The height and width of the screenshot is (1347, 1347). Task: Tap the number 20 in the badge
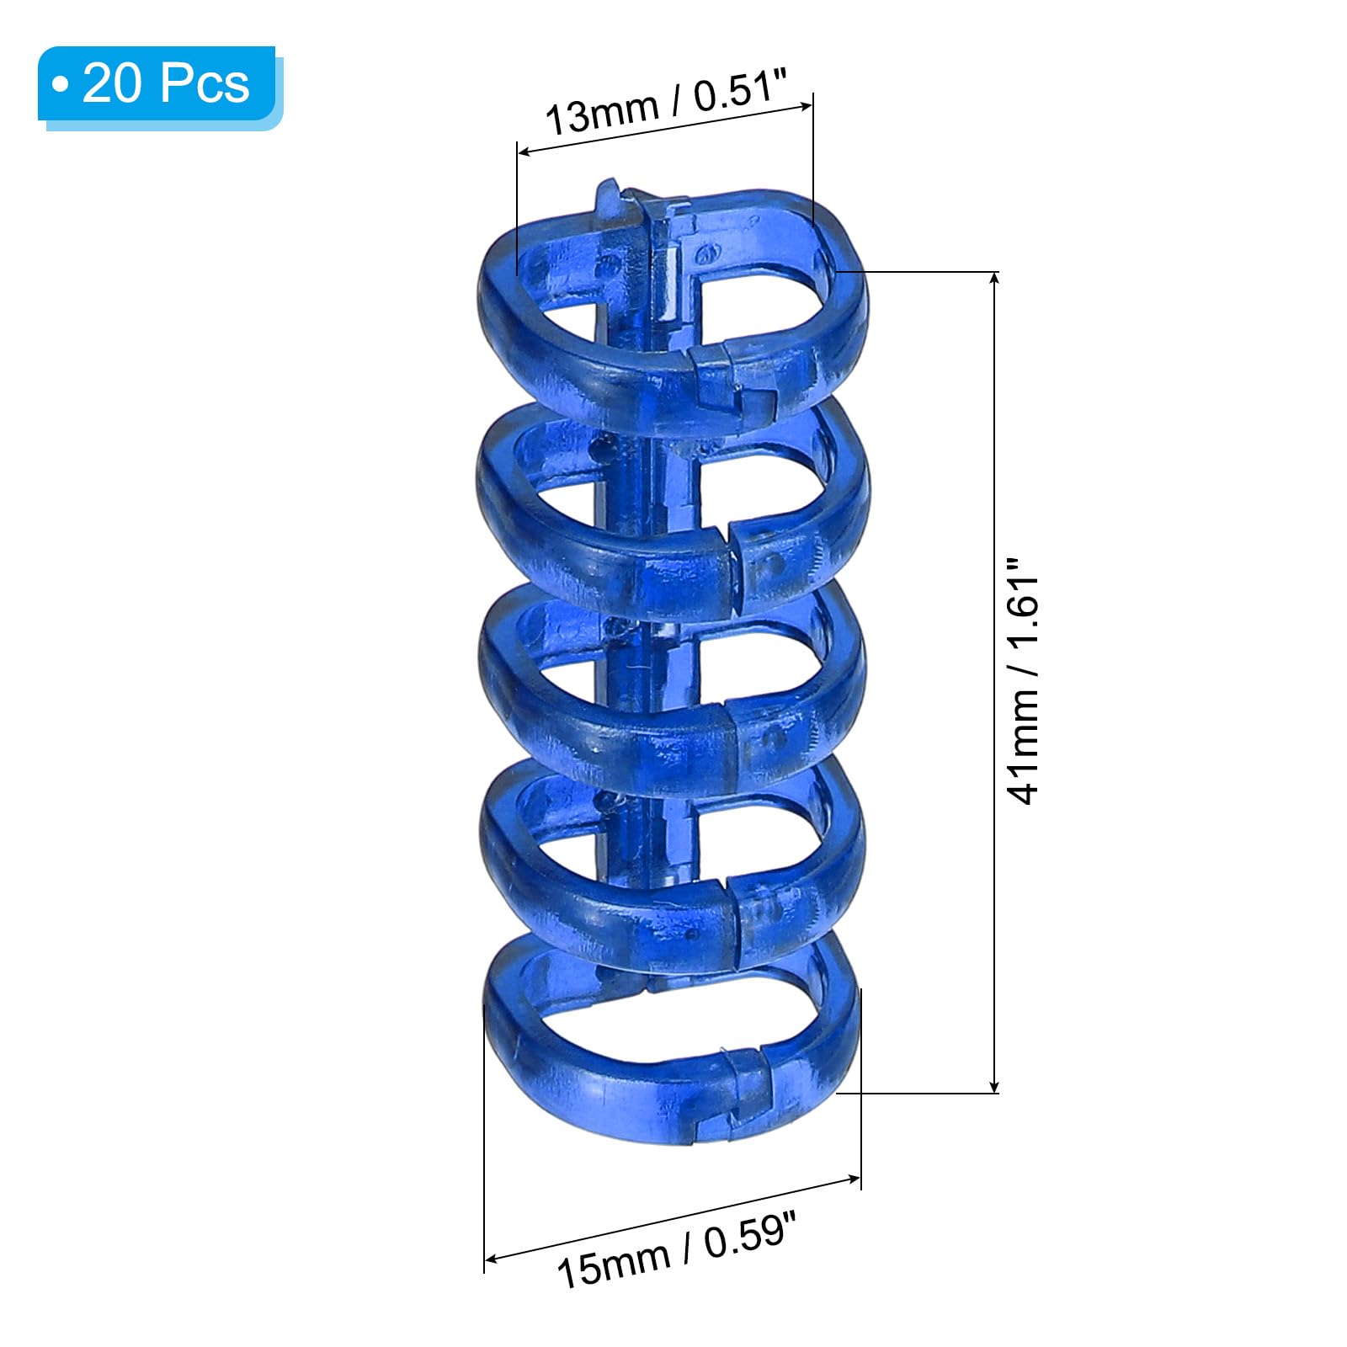click(x=110, y=84)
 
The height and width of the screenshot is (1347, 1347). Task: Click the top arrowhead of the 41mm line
click(x=995, y=280)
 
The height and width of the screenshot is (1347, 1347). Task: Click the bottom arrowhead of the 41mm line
click(x=995, y=1084)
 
